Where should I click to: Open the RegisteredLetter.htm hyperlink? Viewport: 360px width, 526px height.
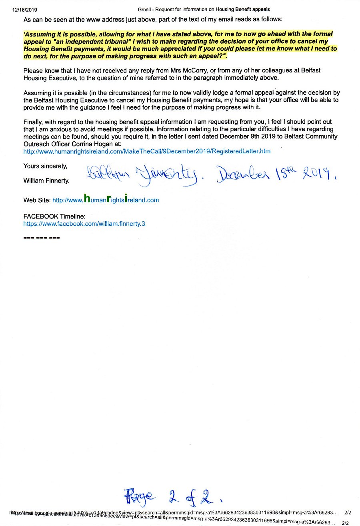(x=147, y=151)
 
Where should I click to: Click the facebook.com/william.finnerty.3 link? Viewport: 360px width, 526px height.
(x=84, y=223)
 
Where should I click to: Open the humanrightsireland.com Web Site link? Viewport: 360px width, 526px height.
(x=106, y=200)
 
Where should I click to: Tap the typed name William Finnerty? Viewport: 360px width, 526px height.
(x=46, y=181)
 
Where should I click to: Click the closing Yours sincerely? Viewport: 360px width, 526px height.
(x=45, y=166)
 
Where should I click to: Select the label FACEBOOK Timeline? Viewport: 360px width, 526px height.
(x=54, y=216)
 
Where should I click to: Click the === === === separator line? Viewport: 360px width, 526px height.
(x=42, y=238)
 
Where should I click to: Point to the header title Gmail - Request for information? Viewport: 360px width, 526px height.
(x=204, y=9)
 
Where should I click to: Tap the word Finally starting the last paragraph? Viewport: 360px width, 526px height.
(x=34, y=122)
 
